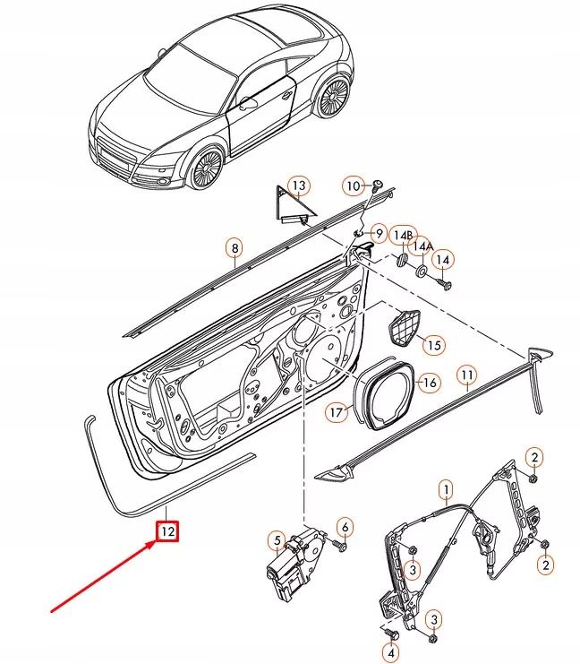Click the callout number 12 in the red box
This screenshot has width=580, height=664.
(x=167, y=532)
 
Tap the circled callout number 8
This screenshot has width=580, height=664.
(x=234, y=248)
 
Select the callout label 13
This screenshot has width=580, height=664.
(x=299, y=185)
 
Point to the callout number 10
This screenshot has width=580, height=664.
(x=354, y=185)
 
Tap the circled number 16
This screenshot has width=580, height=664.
(x=430, y=383)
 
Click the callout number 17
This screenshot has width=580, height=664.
(x=336, y=413)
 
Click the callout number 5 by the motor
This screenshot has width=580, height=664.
(x=278, y=540)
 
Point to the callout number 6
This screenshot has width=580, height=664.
(x=345, y=526)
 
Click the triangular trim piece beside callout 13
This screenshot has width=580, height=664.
(x=288, y=208)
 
